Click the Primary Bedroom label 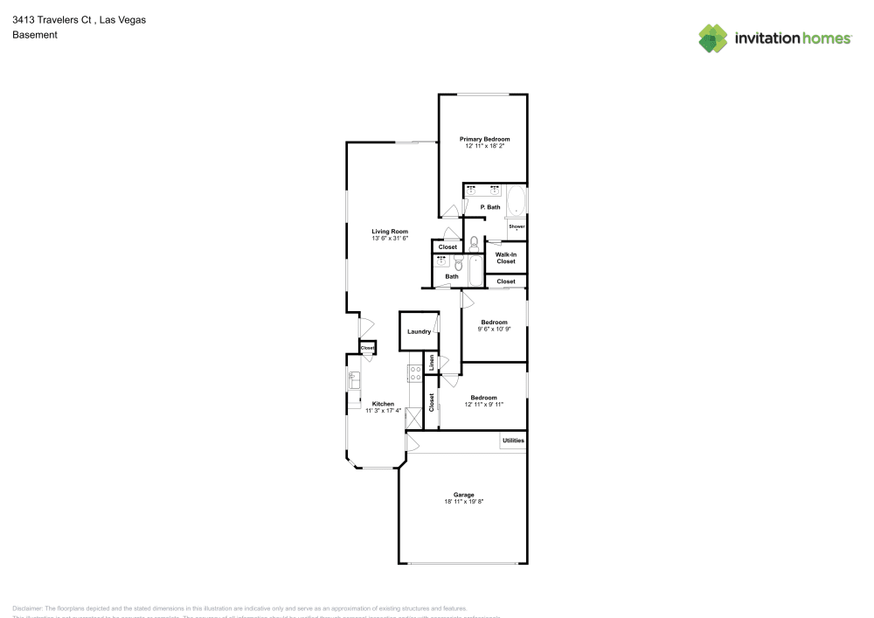[x=484, y=139]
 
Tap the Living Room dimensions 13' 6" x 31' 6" [x=390, y=238]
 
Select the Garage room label [x=463, y=495]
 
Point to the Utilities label [x=513, y=441]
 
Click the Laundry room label [x=419, y=331]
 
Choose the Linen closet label [x=431, y=362]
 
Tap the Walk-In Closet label [x=506, y=258]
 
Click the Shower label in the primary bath [x=517, y=226]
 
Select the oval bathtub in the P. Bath [x=517, y=201]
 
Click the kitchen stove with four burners [x=416, y=373]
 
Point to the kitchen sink [x=354, y=381]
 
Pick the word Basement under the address [x=35, y=35]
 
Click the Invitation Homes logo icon [x=713, y=38]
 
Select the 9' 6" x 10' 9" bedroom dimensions [x=494, y=330]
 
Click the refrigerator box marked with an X [x=413, y=419]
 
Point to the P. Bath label [x=490, y=207]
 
